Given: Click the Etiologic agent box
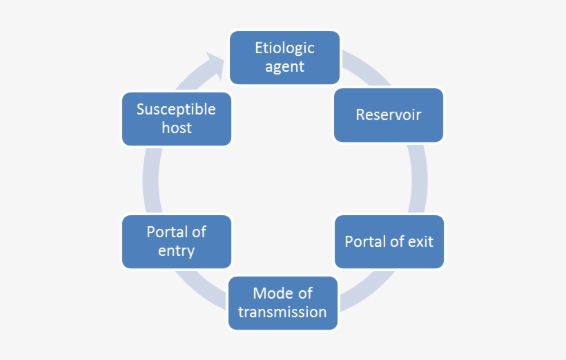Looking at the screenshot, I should [x=284, y=57].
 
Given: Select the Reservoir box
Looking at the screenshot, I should [x=389, y=114].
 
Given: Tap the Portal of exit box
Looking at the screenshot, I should [x=389, y=241].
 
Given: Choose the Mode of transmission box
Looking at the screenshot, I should [x=282, y=303].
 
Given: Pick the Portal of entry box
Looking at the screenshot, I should [x=176, y=241].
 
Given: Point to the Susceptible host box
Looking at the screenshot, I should [x=176, y=119].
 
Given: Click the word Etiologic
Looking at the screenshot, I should [x=284, y=48].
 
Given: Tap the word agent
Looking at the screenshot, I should [x=284, y=67].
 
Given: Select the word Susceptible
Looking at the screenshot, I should [x=176, y=110].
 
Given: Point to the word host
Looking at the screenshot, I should [x=176, y=128].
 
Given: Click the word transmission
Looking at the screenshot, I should [x=282, y=312].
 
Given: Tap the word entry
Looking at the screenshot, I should [x=176, y=251].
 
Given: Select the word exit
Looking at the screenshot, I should [x=420, y=242].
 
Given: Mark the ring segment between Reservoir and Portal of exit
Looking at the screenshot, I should [x=418, y=179].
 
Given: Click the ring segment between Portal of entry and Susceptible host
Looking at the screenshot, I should [x=151, y=179].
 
